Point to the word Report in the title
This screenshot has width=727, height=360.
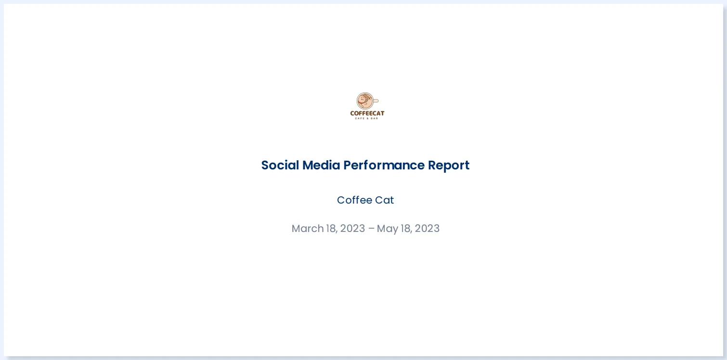449,165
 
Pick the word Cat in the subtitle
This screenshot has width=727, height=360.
385,200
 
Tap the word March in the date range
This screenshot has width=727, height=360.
307,229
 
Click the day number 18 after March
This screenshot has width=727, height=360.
331,229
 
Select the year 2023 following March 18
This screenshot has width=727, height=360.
352,229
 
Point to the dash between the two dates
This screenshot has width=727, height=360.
371,229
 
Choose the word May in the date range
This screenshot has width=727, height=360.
387,229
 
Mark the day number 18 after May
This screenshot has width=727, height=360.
406,229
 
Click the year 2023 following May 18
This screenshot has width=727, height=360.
427,229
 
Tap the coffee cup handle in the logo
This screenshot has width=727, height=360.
376,101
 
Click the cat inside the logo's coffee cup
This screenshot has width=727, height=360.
365,101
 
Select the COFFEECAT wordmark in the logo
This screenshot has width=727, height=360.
367,114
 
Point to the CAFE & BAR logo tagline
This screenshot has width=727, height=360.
367,118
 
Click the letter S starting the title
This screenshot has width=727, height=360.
265,165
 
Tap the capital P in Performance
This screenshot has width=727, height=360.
347,165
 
